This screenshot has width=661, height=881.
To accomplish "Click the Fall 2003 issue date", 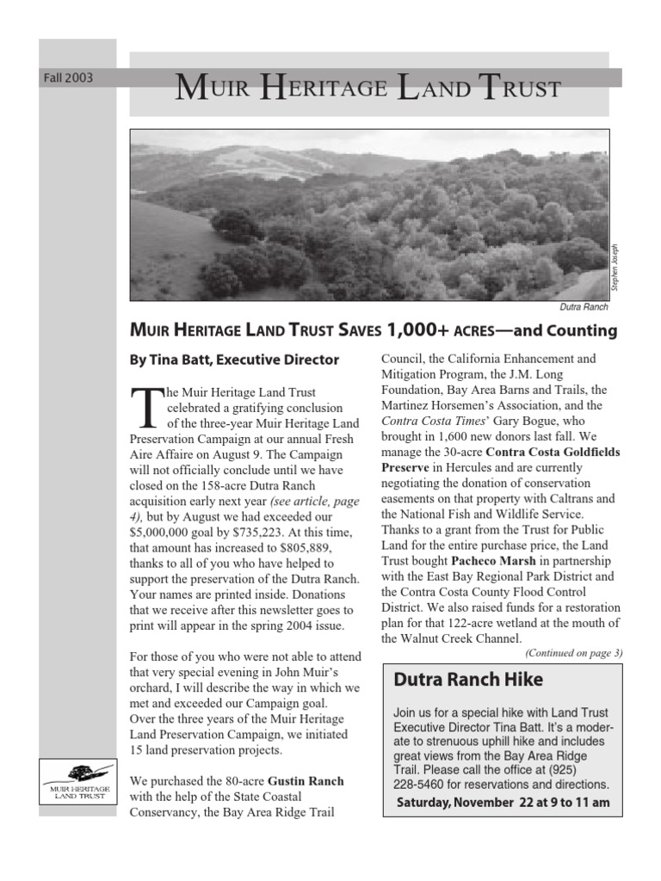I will point(68,78).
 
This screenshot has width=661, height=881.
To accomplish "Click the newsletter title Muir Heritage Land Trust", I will point(368,87).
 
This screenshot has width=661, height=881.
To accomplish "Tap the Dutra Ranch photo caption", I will point(584,307).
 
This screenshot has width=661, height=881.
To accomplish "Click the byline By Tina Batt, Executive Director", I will point(234,360).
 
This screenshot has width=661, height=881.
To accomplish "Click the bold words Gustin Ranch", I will point(306,781).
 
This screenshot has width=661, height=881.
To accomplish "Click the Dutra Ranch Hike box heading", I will point(468,680).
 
